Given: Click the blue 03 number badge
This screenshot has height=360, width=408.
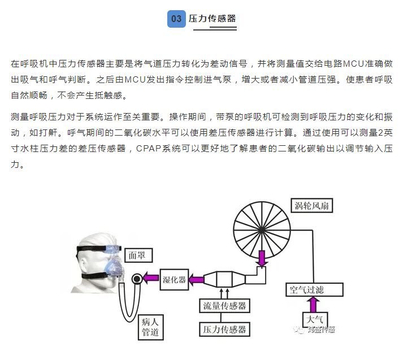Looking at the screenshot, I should (176, 19).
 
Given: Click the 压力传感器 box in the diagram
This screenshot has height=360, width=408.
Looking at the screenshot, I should (225, 329).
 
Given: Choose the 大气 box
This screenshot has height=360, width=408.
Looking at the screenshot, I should (315, 319).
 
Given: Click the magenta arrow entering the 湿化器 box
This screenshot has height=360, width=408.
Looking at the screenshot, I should (196, 278).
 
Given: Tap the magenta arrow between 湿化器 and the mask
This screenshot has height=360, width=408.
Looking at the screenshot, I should (150, 278).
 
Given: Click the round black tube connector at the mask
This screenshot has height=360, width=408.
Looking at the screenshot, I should (136, 278).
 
